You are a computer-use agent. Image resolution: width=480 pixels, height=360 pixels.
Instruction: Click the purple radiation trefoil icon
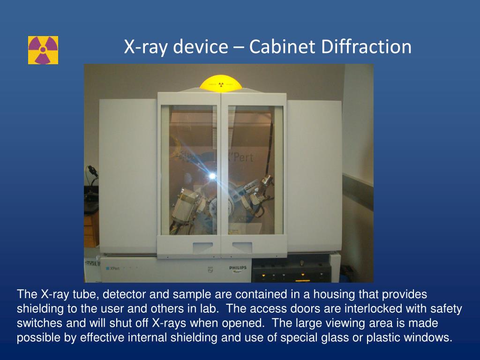pos(43,50)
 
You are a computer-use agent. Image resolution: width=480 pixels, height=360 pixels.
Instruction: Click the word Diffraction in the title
pos(366,47)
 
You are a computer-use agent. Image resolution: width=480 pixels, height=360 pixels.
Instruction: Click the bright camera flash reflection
pos(212,176)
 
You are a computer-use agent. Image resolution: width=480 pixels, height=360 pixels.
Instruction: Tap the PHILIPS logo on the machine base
pos(238,268)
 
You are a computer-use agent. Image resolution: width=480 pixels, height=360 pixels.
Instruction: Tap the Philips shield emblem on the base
pos(210,269)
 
